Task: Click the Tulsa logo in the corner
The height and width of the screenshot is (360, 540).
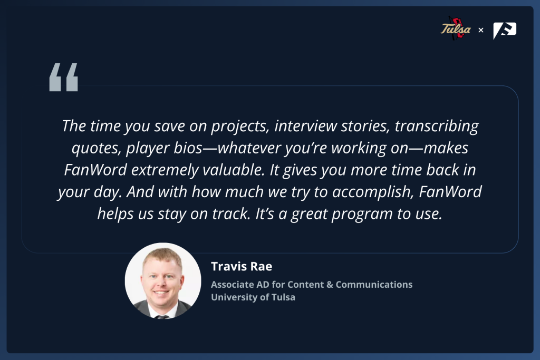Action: [x=455, y=28]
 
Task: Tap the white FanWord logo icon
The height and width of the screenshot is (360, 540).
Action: [x=505, y=30]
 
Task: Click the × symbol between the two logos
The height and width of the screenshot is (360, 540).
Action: [x=481, y=30]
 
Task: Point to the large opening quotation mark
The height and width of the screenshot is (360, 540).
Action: [x=64, y=77]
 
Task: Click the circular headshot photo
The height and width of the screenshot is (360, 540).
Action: [x=163, y=281]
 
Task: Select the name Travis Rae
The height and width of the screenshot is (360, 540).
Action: [x=242, y=266]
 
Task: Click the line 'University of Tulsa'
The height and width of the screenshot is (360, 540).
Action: [x=253, y=297]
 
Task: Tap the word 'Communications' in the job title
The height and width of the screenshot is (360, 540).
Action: [x=374, y=284]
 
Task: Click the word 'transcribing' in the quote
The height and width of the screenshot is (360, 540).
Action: [x=437, y=127]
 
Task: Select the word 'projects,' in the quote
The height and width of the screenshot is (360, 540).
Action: [x=240, y=127]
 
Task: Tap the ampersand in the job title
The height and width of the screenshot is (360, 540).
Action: [x=330, y=285]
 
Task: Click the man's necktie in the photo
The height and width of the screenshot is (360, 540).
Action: [x=161, y=317]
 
